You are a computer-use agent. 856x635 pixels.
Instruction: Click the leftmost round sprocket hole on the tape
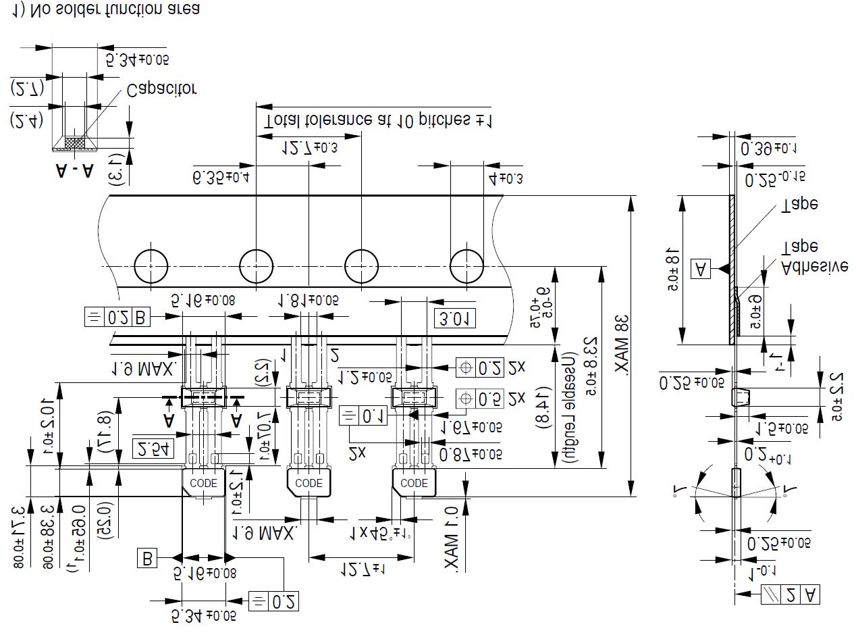tap(151, 265)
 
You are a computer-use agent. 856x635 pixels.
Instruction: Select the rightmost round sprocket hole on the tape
tap(467, 265)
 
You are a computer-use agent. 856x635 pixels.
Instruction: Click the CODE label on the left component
tap(204, 483)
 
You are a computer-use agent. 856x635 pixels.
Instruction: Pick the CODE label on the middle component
tap(309, 483)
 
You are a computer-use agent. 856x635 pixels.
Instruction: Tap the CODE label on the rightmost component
tap(414, 483)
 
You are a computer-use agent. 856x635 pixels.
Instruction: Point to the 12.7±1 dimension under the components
tap(362, 571)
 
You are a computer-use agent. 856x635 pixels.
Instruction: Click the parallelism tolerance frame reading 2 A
tap(791, 595)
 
